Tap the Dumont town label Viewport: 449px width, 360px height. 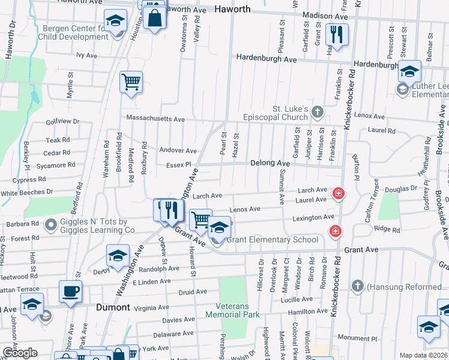pyautogui.click(x=113, y=307)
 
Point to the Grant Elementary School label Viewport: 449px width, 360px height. pyautogui.click(x=272, y=240)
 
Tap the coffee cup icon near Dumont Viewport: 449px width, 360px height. pyautogui.click(x=71, y=292)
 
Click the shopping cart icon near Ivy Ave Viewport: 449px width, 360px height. pyautogui.click(x=131, y=82)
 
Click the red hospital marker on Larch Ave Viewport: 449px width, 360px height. pyautogui.click(x=339, y=193)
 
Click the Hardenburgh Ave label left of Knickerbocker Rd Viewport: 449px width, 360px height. pyautogui.click(x=267, y=59)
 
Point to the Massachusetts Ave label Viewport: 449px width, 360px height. pyautogui.click(x=155, y=119)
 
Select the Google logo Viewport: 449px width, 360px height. pyautogui.click(x=20, y=353)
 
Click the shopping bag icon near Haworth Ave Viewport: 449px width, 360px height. pyautogui.click(x=155, y=17)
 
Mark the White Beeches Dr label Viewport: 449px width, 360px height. pyautogui.click(x=27, y=193)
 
